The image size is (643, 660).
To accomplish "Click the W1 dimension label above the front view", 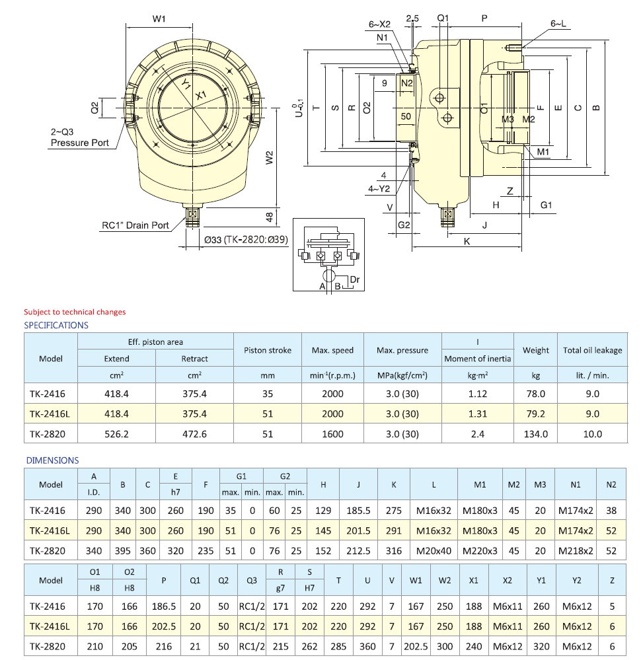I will (x=159, y=18).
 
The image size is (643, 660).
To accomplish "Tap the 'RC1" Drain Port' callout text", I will (x=135, y=225).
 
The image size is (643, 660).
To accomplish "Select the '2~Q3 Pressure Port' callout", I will (x=79, y=137).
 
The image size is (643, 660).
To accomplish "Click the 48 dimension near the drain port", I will (x=270, y=216).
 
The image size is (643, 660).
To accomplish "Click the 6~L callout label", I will (x=558, y=24).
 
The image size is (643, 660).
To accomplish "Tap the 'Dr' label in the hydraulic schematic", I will (x=355, y=280).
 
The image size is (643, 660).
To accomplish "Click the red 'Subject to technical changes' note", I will (x=75, y=312).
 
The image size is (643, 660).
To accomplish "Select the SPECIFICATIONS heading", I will (x=56, y=325).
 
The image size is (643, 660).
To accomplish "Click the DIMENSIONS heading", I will (x=52, y=460).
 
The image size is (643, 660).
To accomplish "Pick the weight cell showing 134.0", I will (x=535, y=434).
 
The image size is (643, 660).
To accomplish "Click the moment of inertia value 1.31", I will (x=477, y=414).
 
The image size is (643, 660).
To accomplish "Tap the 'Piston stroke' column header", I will (x=268, y=350).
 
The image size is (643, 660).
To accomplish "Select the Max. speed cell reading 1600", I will (x=332, y=434).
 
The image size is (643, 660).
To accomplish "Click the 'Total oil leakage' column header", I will (x=592, y=350).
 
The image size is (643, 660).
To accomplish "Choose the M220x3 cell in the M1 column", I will (x=480, y=549).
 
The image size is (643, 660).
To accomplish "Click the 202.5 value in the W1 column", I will (x=416, y=646).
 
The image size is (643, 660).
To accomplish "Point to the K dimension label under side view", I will (x=467, y=242).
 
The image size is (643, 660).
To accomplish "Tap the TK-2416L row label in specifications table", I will (x=48, y=414).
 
